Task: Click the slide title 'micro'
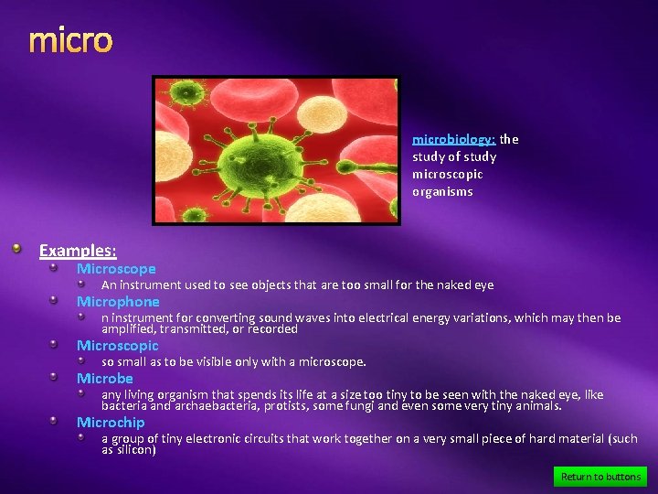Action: point(70,40)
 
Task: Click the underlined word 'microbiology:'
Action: point(453,140)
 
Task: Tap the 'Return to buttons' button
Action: point(600,477)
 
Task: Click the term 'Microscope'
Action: point(116,269)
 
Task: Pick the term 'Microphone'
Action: point(118,302)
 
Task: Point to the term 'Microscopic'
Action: point(118,346)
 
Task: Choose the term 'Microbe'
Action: point(105,379)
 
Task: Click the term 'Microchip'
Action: point(111,423)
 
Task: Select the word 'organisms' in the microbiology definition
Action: point(442,192)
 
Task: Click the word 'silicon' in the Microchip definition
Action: point(135,450)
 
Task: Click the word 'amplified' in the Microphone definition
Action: point(128,328)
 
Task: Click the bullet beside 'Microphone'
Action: point(54,301)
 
